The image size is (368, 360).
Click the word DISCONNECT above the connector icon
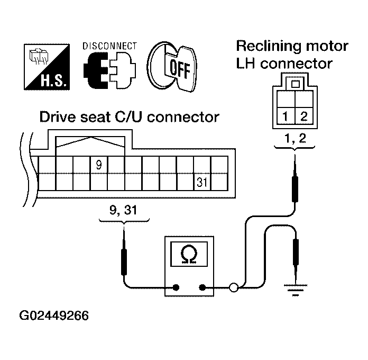pos(109,46)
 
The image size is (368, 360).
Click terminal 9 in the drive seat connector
pos(98,165)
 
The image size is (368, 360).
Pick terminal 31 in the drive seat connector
pos(202,182)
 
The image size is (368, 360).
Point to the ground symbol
pos(295,290)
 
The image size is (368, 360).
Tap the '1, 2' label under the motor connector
pos(294,140)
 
